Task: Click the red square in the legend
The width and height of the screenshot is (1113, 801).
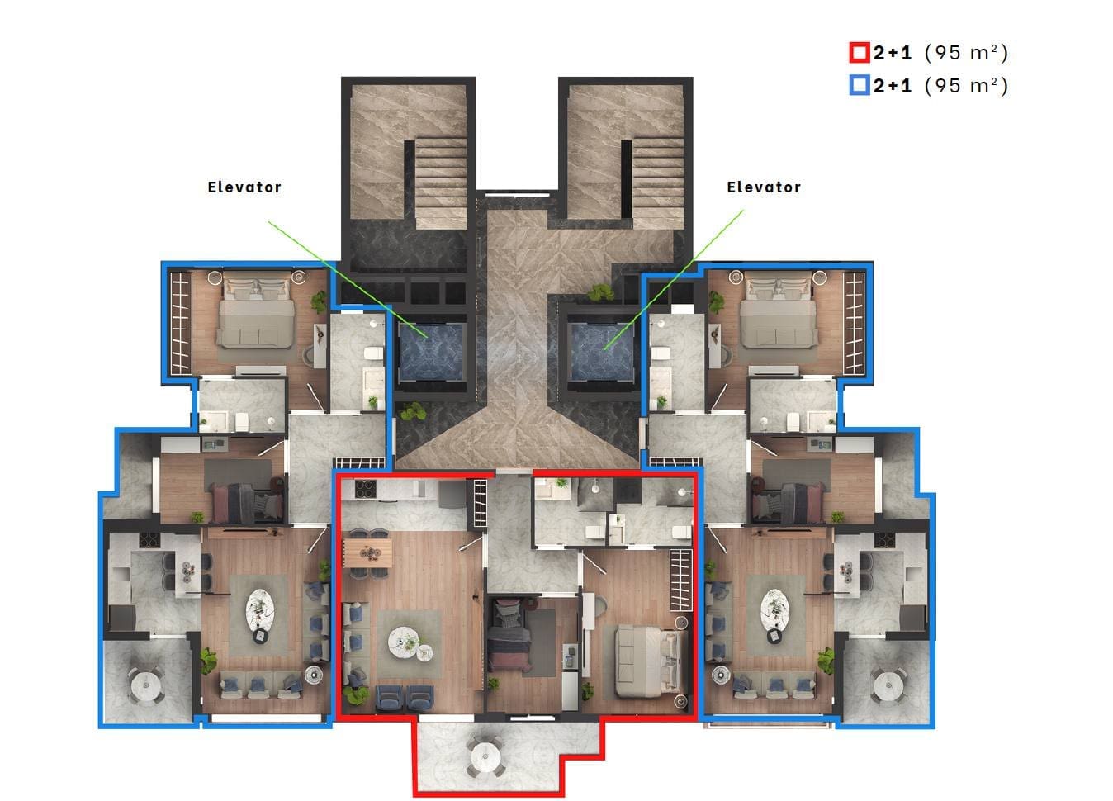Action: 859,53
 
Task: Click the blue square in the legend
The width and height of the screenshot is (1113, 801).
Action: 859,85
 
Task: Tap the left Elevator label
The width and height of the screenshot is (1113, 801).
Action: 244,187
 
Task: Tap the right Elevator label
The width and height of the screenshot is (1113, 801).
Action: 764,187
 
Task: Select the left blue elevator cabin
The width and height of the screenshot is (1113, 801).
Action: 431,351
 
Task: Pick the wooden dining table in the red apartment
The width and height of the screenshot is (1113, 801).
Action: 367,552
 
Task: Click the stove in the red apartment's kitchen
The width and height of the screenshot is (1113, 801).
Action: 365,489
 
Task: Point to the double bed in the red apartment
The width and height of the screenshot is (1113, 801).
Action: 651,661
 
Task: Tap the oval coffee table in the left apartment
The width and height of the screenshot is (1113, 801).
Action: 260,609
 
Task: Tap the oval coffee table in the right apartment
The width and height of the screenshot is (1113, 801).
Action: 774,609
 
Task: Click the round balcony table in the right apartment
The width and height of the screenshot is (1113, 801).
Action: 888,685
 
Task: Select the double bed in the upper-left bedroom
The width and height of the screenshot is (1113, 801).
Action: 256,312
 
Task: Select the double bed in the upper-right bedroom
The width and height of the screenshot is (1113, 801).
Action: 779,312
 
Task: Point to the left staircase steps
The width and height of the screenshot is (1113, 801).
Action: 441,182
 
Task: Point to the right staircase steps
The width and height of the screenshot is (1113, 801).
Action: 658,182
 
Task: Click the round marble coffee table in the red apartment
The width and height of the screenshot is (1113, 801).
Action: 404,643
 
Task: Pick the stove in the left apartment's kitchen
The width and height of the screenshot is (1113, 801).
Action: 149,539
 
